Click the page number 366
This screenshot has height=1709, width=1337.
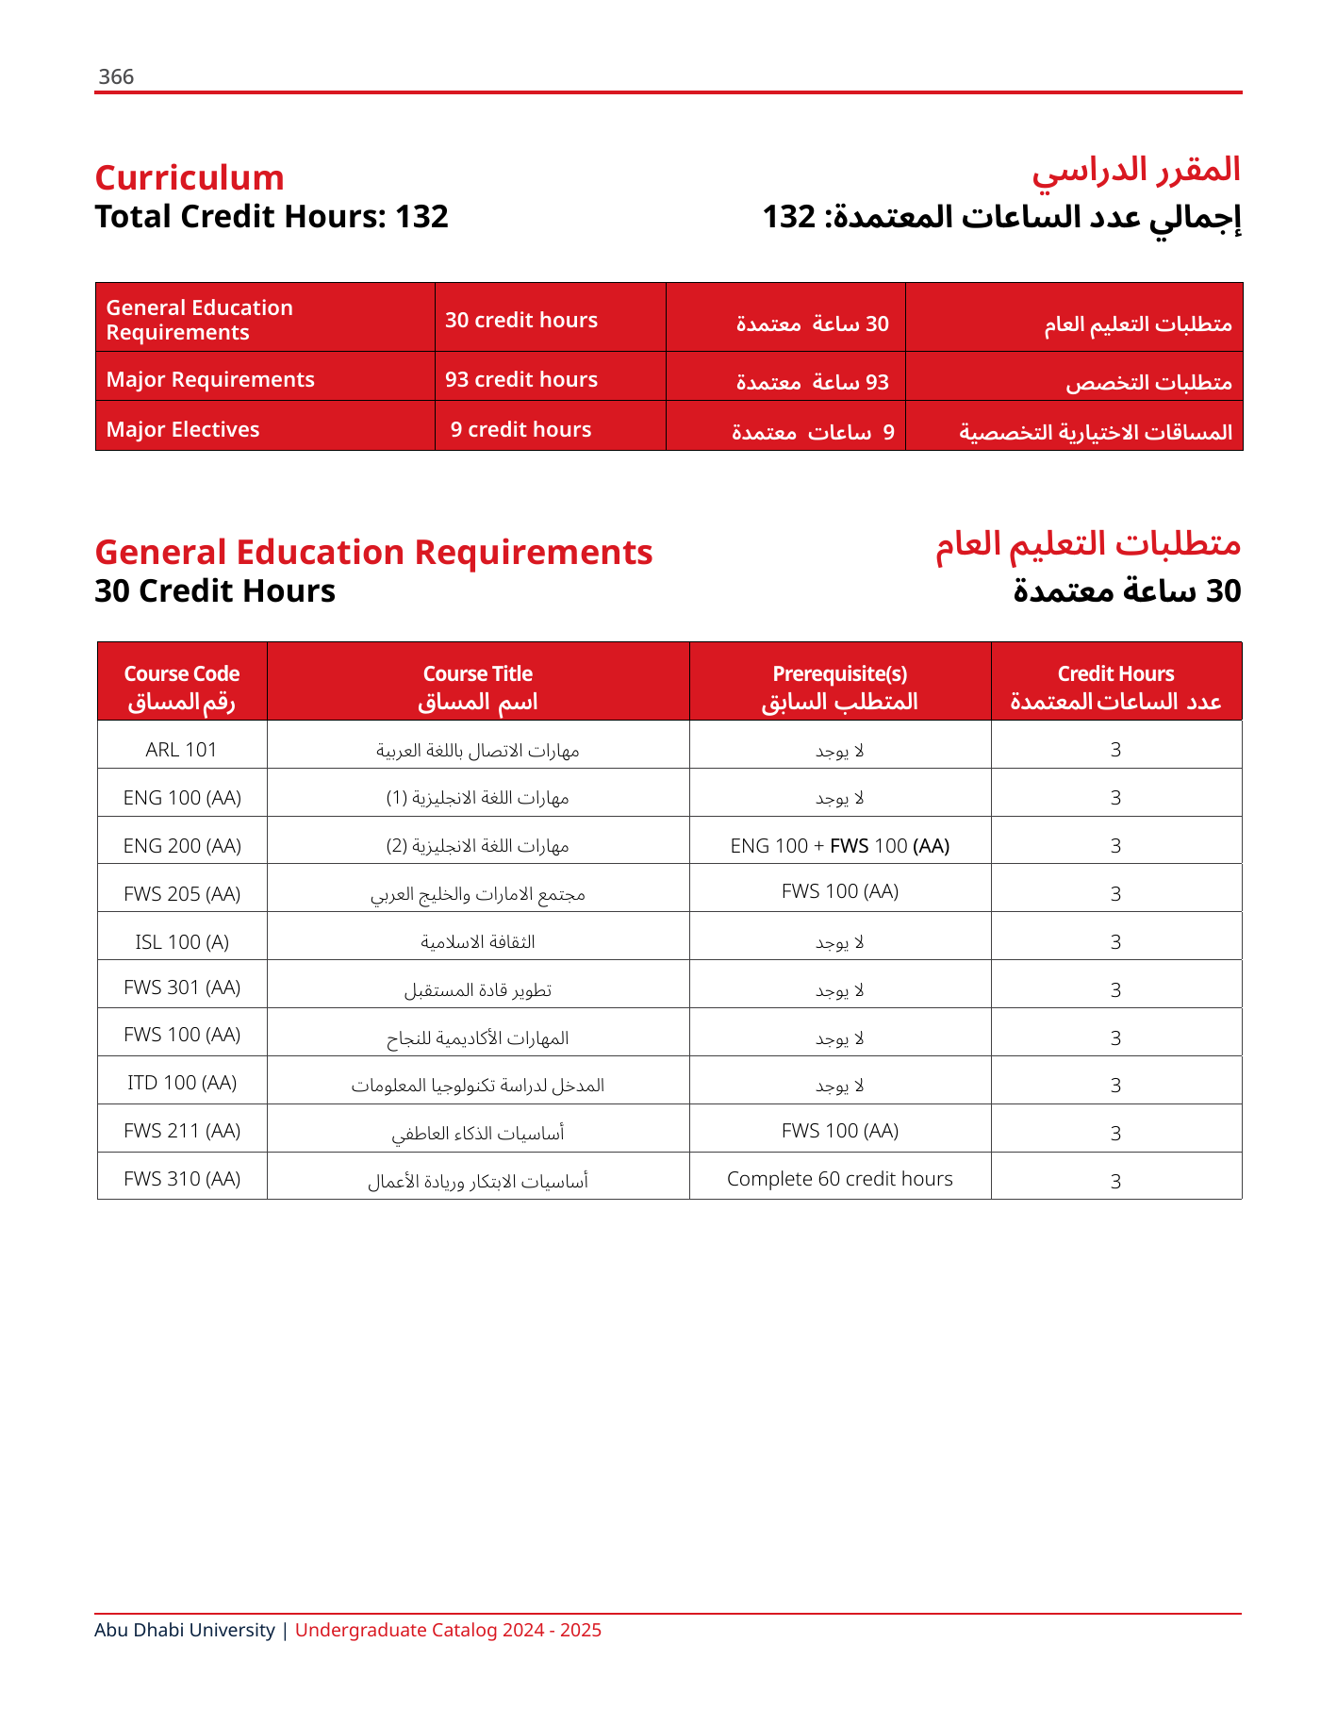tap(116, 77)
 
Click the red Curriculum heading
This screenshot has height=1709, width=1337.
tap(190, 178)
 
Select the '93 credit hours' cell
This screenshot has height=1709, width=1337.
tap(521, 379)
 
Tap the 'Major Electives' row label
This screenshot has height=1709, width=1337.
tap(183, 429)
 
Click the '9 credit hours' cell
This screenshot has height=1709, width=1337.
tap(520, 429)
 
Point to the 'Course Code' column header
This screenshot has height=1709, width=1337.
tap(182, 673)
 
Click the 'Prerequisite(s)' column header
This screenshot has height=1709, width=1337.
tap(839, 673)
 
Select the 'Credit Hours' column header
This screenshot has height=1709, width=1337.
tap(1115, 673)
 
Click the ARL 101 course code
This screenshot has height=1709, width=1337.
tap(182, 750)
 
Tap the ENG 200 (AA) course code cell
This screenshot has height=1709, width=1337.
tap(182, 846)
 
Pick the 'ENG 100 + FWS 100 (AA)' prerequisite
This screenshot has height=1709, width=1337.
tap(839, 846)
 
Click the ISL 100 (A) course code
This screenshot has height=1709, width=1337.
tap(182, 941)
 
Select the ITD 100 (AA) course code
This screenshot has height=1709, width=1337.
tap(182, 1083)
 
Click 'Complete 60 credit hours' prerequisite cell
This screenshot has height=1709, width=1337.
tap(839, 1179)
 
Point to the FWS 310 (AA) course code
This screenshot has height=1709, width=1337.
tap(182, 1179)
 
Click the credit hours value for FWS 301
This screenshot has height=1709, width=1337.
tap(1115, 989)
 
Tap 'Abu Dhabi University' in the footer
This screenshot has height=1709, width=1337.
tap(184, 1630)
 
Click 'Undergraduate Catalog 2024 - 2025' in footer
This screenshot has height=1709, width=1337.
tap(448, 1630)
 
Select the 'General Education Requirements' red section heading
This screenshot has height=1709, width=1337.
tap(373, 553)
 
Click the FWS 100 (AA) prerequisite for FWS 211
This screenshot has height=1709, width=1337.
tap(839, 1131)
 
